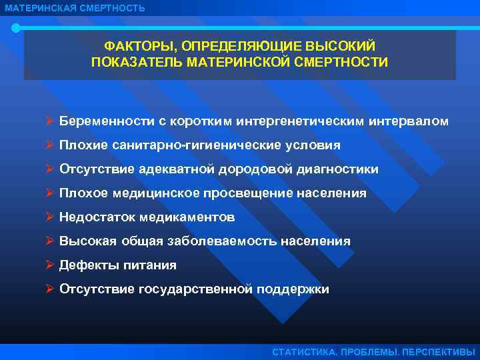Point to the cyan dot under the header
(16, 28)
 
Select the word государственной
(196, 289)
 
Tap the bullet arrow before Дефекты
(50, 265)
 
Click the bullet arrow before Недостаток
(50, 217)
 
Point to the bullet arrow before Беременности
(50, 121)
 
